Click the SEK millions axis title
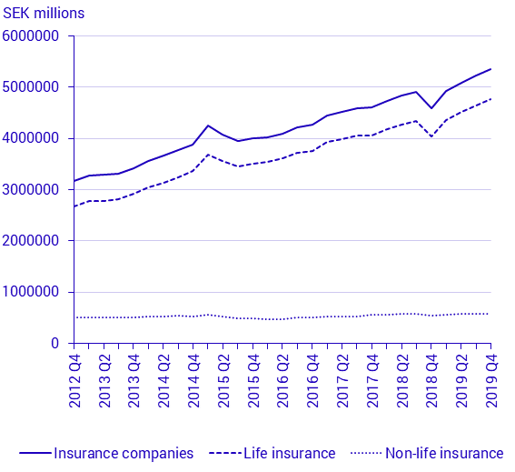[44, 13]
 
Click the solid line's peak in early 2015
[208, 126]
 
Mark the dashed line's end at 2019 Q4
[490, 99]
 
